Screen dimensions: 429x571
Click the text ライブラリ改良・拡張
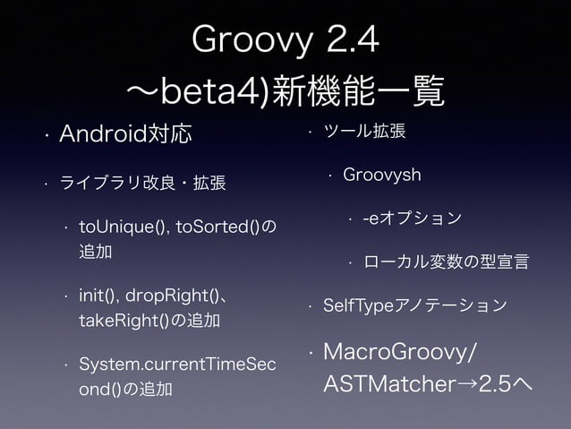[x=141, y=184]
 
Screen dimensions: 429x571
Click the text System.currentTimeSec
[x=178, y=366]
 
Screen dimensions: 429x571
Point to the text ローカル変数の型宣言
[x=444, y=262]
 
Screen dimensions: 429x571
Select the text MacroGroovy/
[x=400, y=350]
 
